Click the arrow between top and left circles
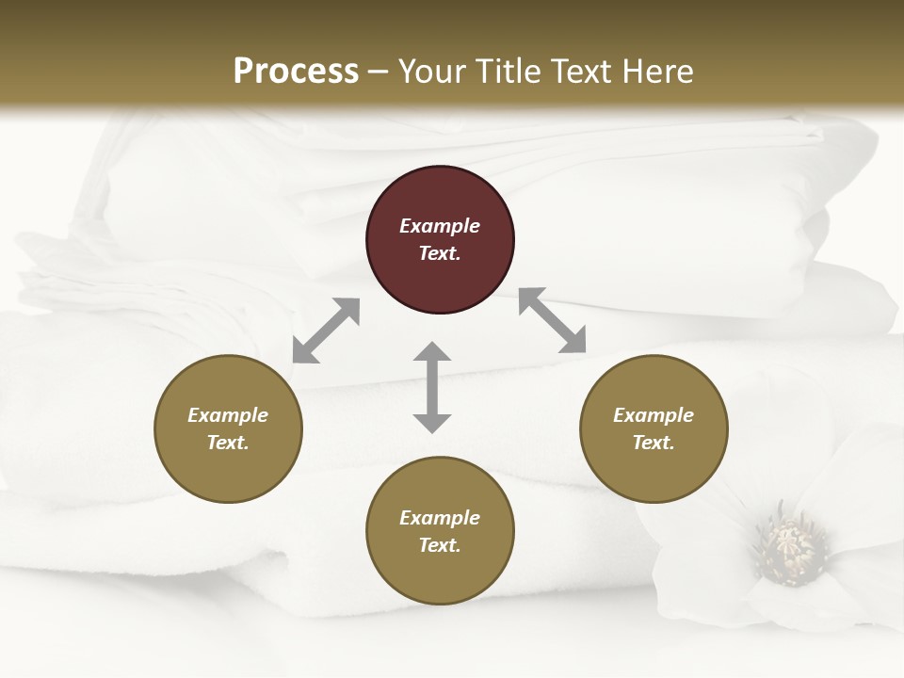(x=326, y=331)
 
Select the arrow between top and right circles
(x=553, y=320)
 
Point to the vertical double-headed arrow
(x=432, y=388)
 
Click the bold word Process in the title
(x=296, y=71)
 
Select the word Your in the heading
(x=428, y=71)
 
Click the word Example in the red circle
(x=440, y=226)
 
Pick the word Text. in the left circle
(x=228, y=443)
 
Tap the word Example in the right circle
(x=654, y=415)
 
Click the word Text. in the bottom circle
(x=440, y=545)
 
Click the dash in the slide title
(x=379, y=72)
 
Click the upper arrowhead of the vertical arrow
(x=432, y=353)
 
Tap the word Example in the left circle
(x=228, y=415)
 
